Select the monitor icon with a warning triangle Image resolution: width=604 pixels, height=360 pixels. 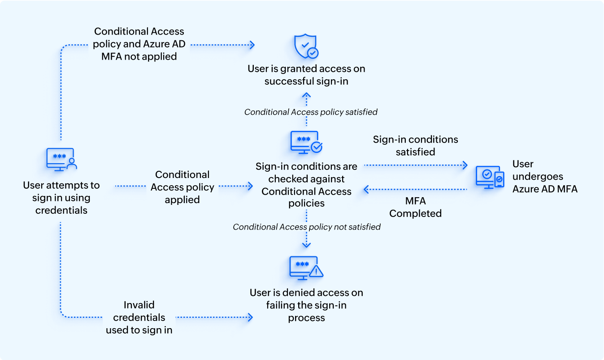point(306,268)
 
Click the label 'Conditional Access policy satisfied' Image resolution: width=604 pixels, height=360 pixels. point(311,112)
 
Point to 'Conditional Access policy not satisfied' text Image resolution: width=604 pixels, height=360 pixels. point(306,227)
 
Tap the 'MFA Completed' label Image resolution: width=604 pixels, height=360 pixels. point(415,207)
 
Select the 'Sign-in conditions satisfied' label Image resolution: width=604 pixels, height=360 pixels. point(415,146)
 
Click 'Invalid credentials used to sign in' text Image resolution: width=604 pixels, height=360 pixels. point(139,317)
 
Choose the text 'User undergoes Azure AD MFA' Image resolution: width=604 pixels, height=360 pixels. point(545,177)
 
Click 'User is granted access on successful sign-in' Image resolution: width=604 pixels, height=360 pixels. point(306,75)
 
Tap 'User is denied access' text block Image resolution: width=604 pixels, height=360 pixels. point(306,305)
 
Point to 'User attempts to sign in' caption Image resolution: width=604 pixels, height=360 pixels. point(61,198)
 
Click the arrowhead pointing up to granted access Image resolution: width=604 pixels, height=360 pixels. point(306,95)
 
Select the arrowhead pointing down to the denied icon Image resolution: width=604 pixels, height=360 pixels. point(306,245)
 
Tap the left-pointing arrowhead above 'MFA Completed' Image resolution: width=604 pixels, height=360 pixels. point(366,190)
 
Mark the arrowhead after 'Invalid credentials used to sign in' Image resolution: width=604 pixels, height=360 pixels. point(250,317)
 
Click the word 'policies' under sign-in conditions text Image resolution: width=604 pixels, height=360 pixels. point(306,204)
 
